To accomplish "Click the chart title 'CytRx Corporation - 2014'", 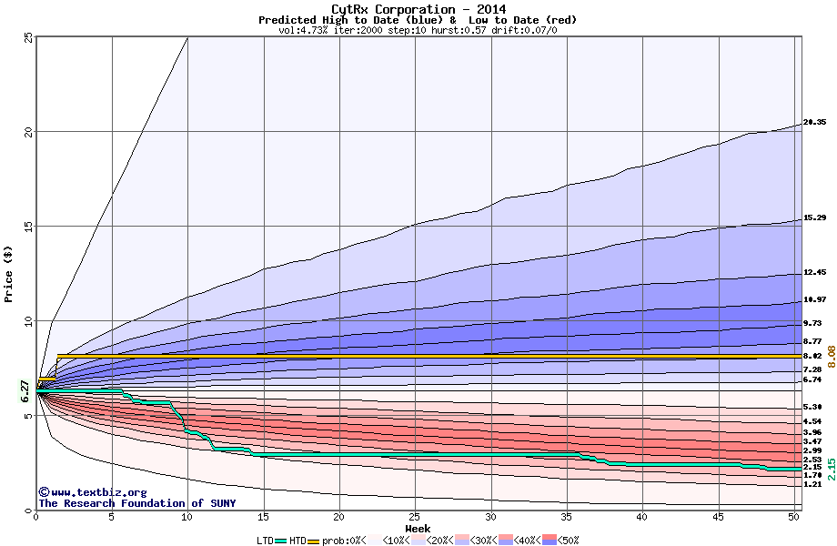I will (x=418, y=9).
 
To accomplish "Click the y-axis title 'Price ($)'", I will (x=8, y=273).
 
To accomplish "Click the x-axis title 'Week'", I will (x=418, y=528).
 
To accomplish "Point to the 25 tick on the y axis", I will (x=28, y=37).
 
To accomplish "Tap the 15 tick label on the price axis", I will (x=28, y=227).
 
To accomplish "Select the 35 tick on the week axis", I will (x=567, y=517).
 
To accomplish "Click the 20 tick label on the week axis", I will (x=339, y=517).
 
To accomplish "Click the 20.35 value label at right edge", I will (x=814, y=122).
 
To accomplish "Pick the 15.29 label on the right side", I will (x=814, y=218).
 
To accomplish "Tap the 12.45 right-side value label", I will (x=814, y=272).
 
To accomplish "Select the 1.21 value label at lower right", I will (x=812, y=485).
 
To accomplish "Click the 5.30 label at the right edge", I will (x=812, y=407).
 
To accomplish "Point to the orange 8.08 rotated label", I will (x=830, y=356).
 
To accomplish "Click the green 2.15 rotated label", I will (x=830, y=470).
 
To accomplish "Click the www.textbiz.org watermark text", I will (x=93, y=492).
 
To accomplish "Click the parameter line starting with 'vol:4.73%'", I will (x=418, y=30).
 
